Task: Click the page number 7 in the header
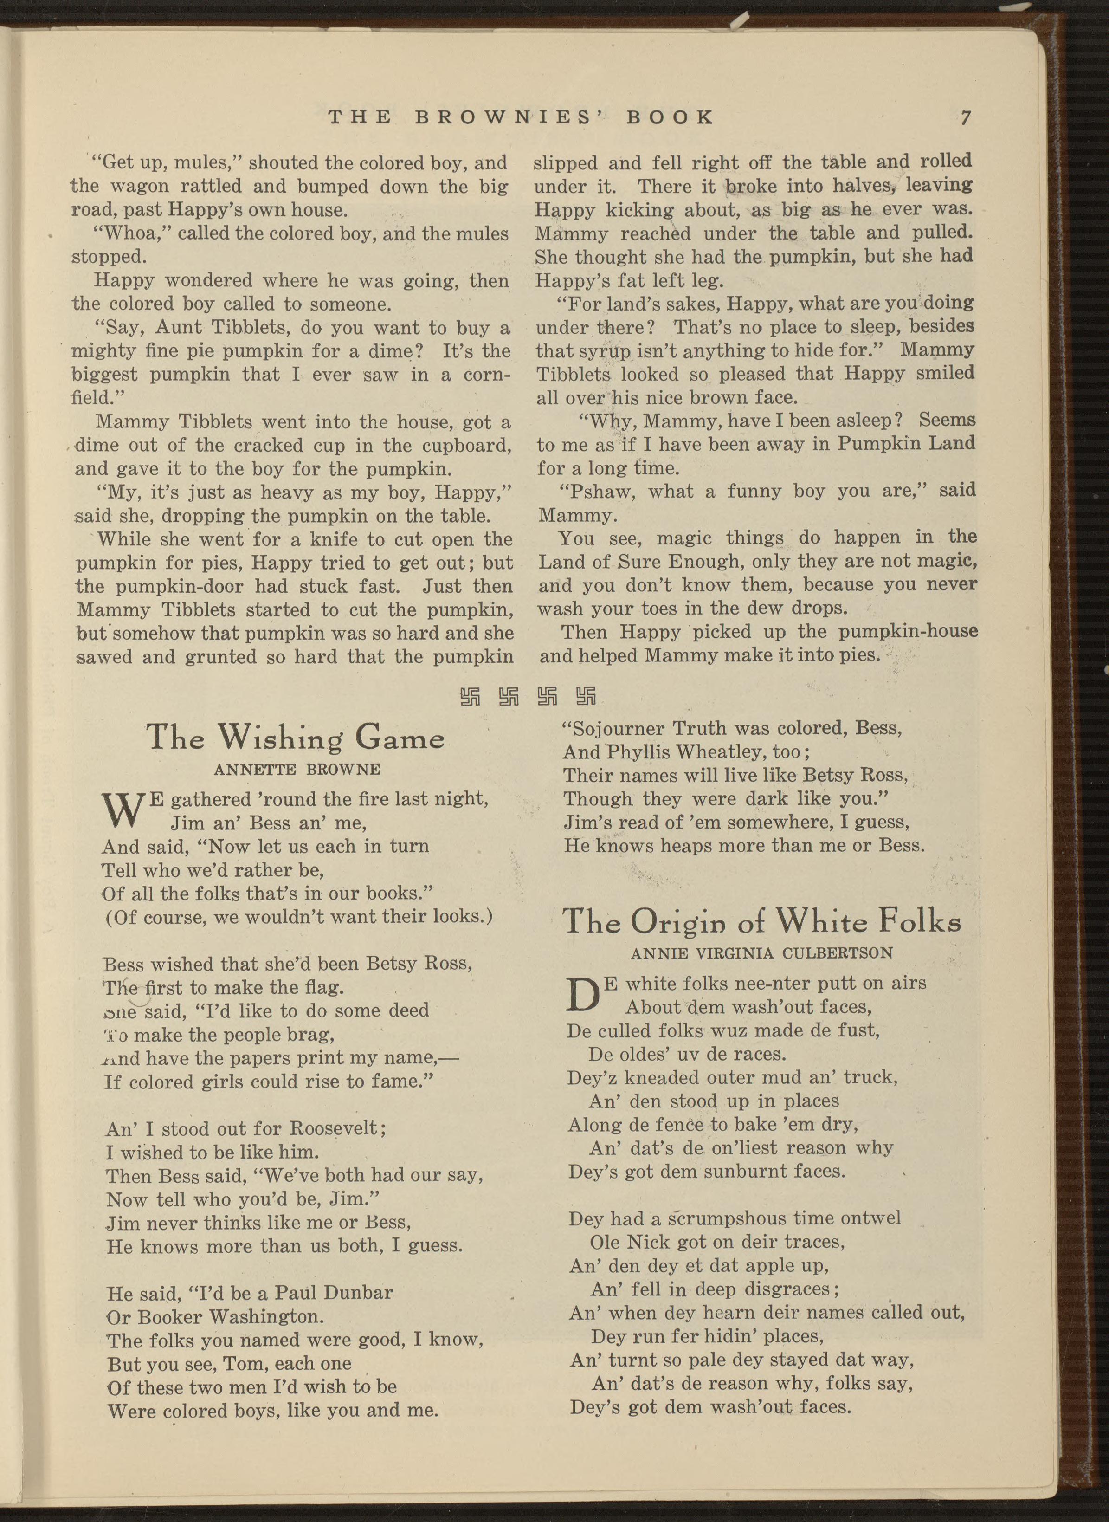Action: tap(965, 118)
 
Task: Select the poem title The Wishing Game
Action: tap(296, 738)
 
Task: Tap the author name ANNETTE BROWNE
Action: tap(297, 770)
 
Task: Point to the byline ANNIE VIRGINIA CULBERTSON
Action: tap(762, 952)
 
